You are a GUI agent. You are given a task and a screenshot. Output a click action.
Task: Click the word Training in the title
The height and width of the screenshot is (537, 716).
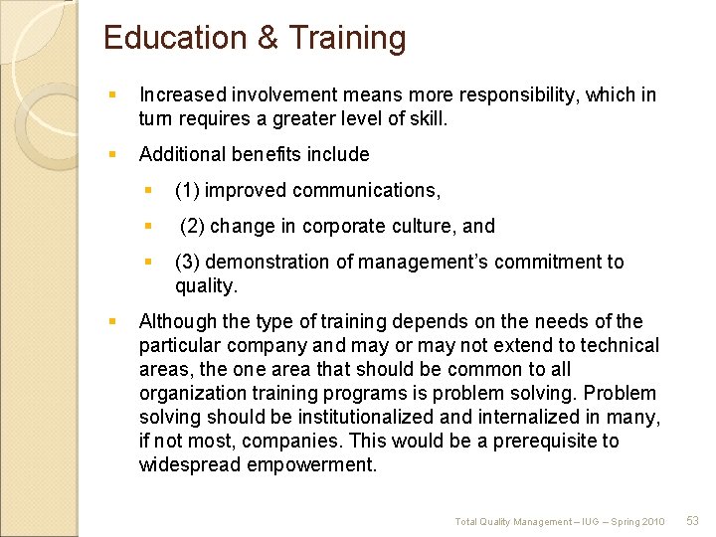(x=347, y=38)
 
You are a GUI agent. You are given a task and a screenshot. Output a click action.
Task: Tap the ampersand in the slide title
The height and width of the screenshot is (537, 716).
(x=268, y=38)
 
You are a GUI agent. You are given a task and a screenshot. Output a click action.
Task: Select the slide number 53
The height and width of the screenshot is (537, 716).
(x=693, y=520)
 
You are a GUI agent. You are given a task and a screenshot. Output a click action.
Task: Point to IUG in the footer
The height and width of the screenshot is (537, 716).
(x=576, y=521)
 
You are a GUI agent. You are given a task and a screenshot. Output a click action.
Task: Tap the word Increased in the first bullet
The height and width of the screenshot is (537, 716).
(x=182, y=94)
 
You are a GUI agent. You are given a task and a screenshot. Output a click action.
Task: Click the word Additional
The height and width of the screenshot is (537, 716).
(x=182, y=154)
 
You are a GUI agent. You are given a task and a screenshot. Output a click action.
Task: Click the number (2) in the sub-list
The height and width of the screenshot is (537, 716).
(x=192, y=226)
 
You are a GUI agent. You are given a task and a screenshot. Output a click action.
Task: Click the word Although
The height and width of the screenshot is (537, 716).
(x=176, y=321)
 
